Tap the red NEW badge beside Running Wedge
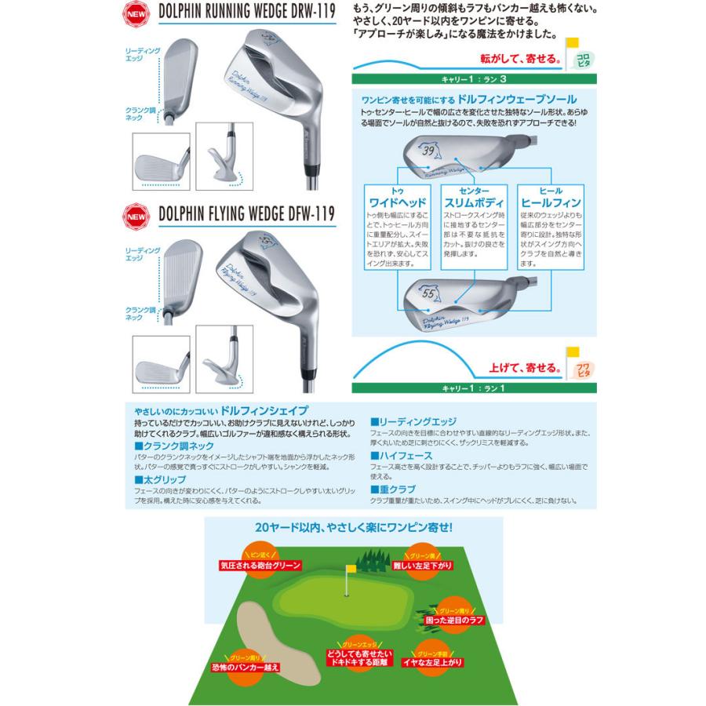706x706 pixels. [136, 14]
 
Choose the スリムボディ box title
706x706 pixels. [471, 202]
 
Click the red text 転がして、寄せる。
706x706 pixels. [521, 60]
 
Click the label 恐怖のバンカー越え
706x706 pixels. [246, 668]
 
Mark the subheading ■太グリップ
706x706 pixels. [162, 479]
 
